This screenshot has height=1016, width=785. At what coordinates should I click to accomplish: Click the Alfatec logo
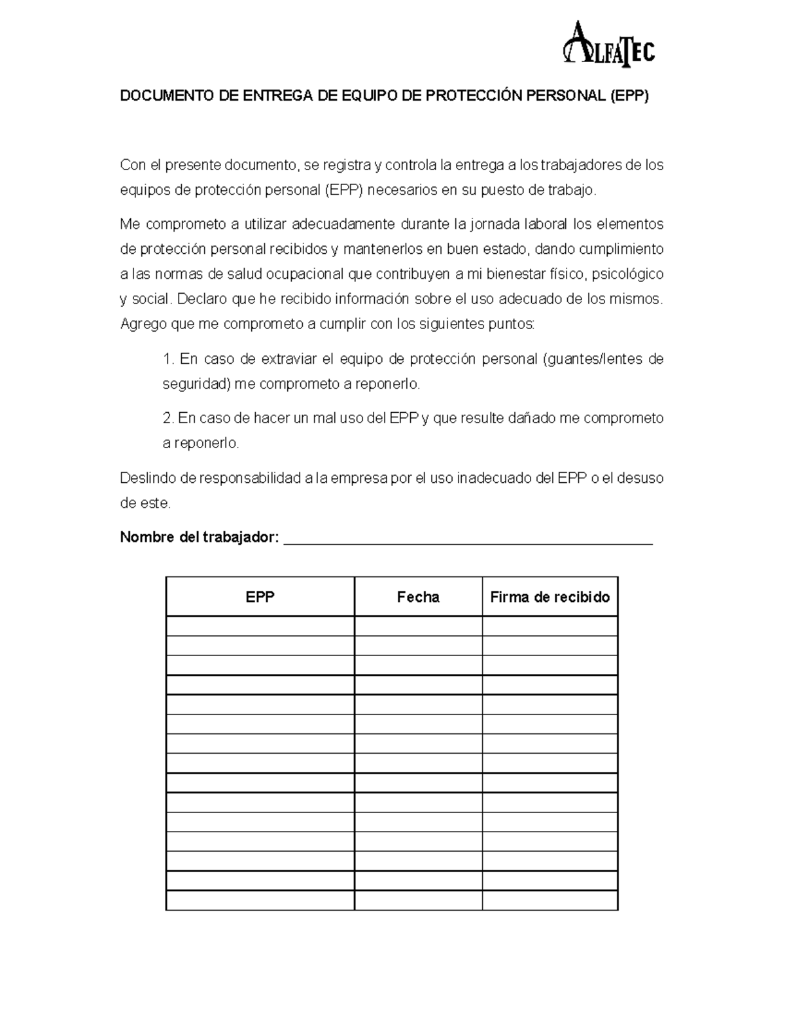tap(608, 44)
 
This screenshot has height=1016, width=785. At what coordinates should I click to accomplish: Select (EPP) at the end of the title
tap(629, 96)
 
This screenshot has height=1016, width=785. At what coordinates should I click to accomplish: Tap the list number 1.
tap(168, 359)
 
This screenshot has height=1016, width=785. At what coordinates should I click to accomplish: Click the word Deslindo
tap(148, 478)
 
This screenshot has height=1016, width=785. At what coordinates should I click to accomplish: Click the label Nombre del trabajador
tap(200, 538)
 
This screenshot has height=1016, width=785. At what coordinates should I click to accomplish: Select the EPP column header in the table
tap(260, 597)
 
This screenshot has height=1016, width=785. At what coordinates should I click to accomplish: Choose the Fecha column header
tap(418, 597)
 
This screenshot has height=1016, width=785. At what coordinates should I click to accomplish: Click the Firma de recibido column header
tap(549, 597)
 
